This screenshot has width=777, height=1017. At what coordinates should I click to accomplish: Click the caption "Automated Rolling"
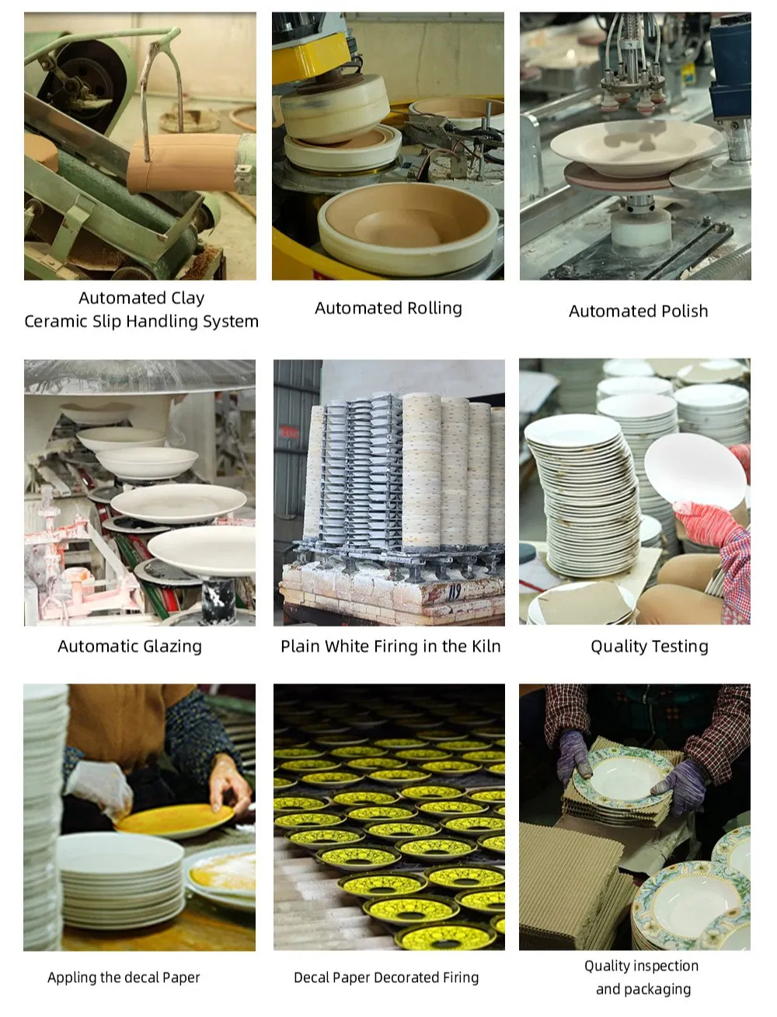(x=388, y=309)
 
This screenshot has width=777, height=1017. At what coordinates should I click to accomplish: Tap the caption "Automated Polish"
(x=638, y=311)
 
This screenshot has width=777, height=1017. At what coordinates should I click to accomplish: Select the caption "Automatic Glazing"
(x=130, y=646)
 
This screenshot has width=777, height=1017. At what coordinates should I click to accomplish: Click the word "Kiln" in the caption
(x=486, y=646)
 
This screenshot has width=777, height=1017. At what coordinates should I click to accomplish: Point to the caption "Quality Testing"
(x=649, y=646)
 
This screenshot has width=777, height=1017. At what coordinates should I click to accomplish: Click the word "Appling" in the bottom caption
(x=71, y=977)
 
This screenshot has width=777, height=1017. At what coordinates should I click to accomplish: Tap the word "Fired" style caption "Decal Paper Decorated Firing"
(x=386, y=977)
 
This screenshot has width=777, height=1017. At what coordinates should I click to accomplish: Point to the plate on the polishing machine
(x=625, y=148)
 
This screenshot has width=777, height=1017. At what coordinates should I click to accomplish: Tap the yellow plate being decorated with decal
(x=174, y=820)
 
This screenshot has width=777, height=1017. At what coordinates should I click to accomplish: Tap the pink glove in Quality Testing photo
(x=707, y=521)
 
